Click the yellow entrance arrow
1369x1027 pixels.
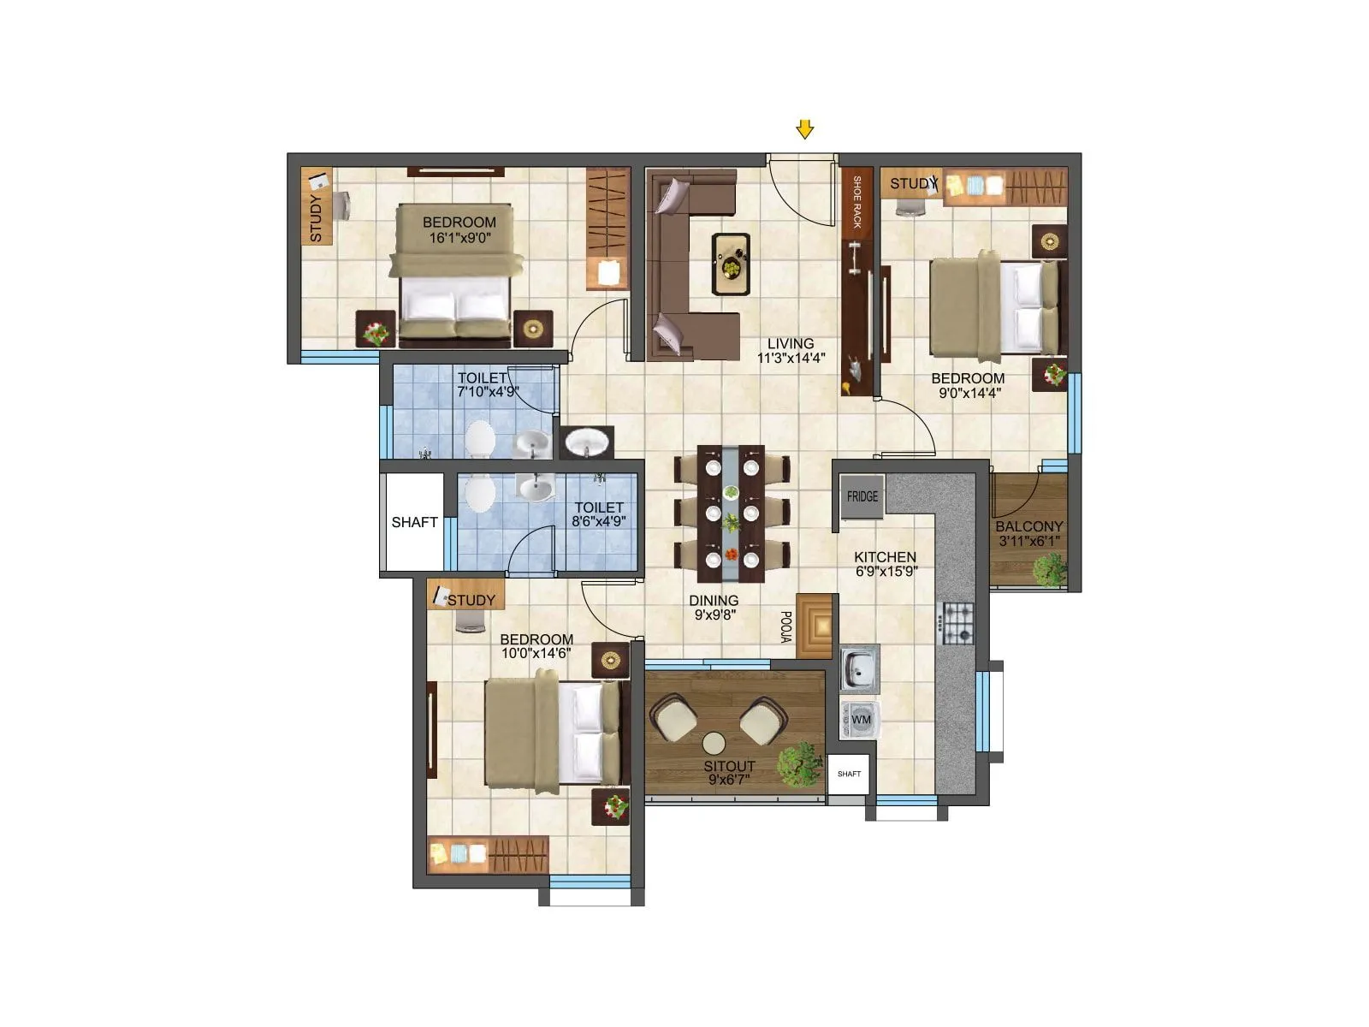(804, 129)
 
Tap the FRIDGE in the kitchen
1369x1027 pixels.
(862, 497)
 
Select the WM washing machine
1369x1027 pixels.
(860, 720)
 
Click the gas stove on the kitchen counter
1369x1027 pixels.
(957, 623)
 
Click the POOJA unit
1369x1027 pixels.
(814, 626)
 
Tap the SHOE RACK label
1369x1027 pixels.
(856, 202)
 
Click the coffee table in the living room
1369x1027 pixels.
(732, 264)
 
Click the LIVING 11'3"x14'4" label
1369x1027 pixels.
(791, 351)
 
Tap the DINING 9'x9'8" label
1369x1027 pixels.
(714, 607)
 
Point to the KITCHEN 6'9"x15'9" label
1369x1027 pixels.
(886, 563)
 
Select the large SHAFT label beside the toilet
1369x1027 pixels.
(414, 522)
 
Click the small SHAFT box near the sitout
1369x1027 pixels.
(849, 774)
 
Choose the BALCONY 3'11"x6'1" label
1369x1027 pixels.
(1028, 533)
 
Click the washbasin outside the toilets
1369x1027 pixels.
(587, 442)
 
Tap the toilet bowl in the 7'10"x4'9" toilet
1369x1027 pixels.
(479, 439)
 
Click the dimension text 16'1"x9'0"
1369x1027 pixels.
(459, 238)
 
